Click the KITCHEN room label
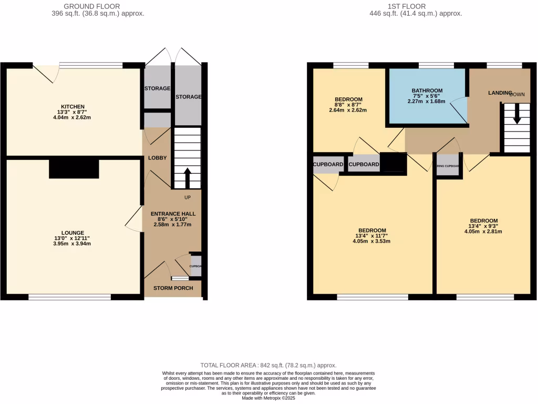pyautogui.click(x=73, y=107)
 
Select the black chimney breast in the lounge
pyautogui.click(x=74, y=169)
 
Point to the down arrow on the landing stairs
pyautogui.click(x=517, y=114)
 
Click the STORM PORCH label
pyautogui.click(x=173, y=288)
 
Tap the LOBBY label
pyautogui.click(x=157, y=158)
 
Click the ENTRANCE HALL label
pyautogui.click(x=173, y=214)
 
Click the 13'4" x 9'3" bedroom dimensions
pyautogui.click(x=484, y=226)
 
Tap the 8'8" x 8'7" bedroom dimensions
pyautogui.click(x=348, y=105)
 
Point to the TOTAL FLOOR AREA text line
pyautogui.click(x=268, y=365)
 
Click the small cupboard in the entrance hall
pyautogui.click(x=195, y=265)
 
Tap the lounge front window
pyautogui.click(x=69, y=297)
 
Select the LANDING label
pyautogui.click(x=499, y=93)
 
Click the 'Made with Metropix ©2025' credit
pyautogui.click(x=268, y=398)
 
